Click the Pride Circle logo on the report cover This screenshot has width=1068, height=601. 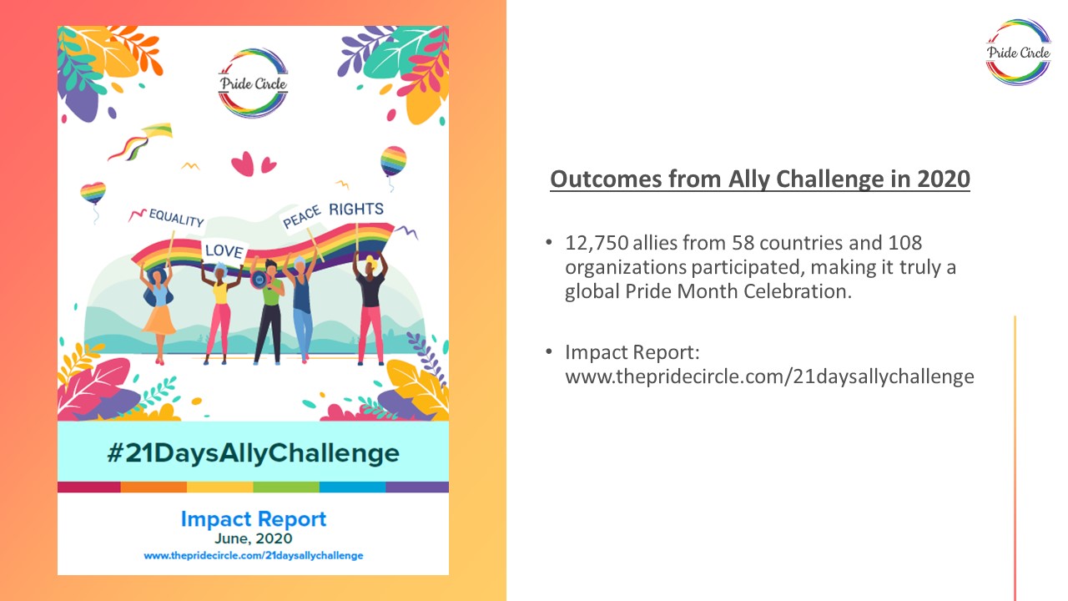(253, 83)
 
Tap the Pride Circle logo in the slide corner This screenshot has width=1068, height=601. (1019, 53)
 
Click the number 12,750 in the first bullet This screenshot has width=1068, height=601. (597, 243)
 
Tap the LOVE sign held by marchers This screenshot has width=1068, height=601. (224, 250)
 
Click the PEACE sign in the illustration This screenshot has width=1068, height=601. (302, 216)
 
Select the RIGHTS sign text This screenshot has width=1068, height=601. (356, 209)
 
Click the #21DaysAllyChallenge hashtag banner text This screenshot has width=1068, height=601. (253, 452)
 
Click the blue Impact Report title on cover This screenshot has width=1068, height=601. (253, 519)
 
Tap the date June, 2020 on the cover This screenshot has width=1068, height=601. (253, 538)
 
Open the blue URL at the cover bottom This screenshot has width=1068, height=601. (253, 556)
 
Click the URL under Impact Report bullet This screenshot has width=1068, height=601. (769, 376)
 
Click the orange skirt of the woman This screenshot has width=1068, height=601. (159, 320)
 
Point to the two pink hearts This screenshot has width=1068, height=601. (253, 164)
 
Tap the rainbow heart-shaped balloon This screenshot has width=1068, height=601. (93, 193)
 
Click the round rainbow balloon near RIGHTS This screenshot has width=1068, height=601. (393, 161)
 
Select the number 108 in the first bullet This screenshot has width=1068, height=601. (904, 243)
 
